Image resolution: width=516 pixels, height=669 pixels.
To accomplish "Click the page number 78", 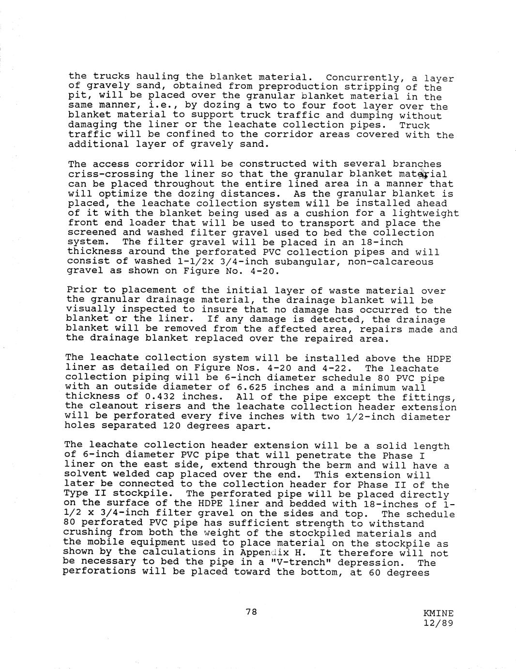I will coord(251,612).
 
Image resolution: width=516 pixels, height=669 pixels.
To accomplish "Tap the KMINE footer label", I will coord(438,614).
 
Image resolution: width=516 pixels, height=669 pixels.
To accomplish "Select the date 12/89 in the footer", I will coord(438,623).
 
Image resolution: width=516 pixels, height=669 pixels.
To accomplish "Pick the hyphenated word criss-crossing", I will coord(111,174).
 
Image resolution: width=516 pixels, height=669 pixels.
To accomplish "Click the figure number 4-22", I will coord(333,368).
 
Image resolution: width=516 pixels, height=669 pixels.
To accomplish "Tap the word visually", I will coord(91,310).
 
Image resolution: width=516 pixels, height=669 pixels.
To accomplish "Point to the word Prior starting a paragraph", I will coord(82,290).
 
